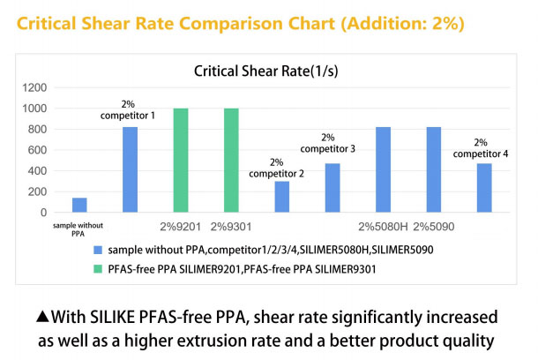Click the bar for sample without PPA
pyautogui.click(x=79, y=205)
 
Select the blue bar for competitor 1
pyautogui.click(x=130, y=169)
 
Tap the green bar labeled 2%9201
pyautogui.click(x=181, y=161)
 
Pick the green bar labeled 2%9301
pyautogui.click(x=231, y=161)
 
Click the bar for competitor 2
pyautogui.click(x=281, y=197)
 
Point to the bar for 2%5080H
pyautogui.click(x=383, y=169)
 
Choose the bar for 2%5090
pyautogui.click(x=433, y=169)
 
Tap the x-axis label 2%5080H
pyautogui.click(x=383, y=227)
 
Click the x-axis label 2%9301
pyautogui.click(x=231, y=227)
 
